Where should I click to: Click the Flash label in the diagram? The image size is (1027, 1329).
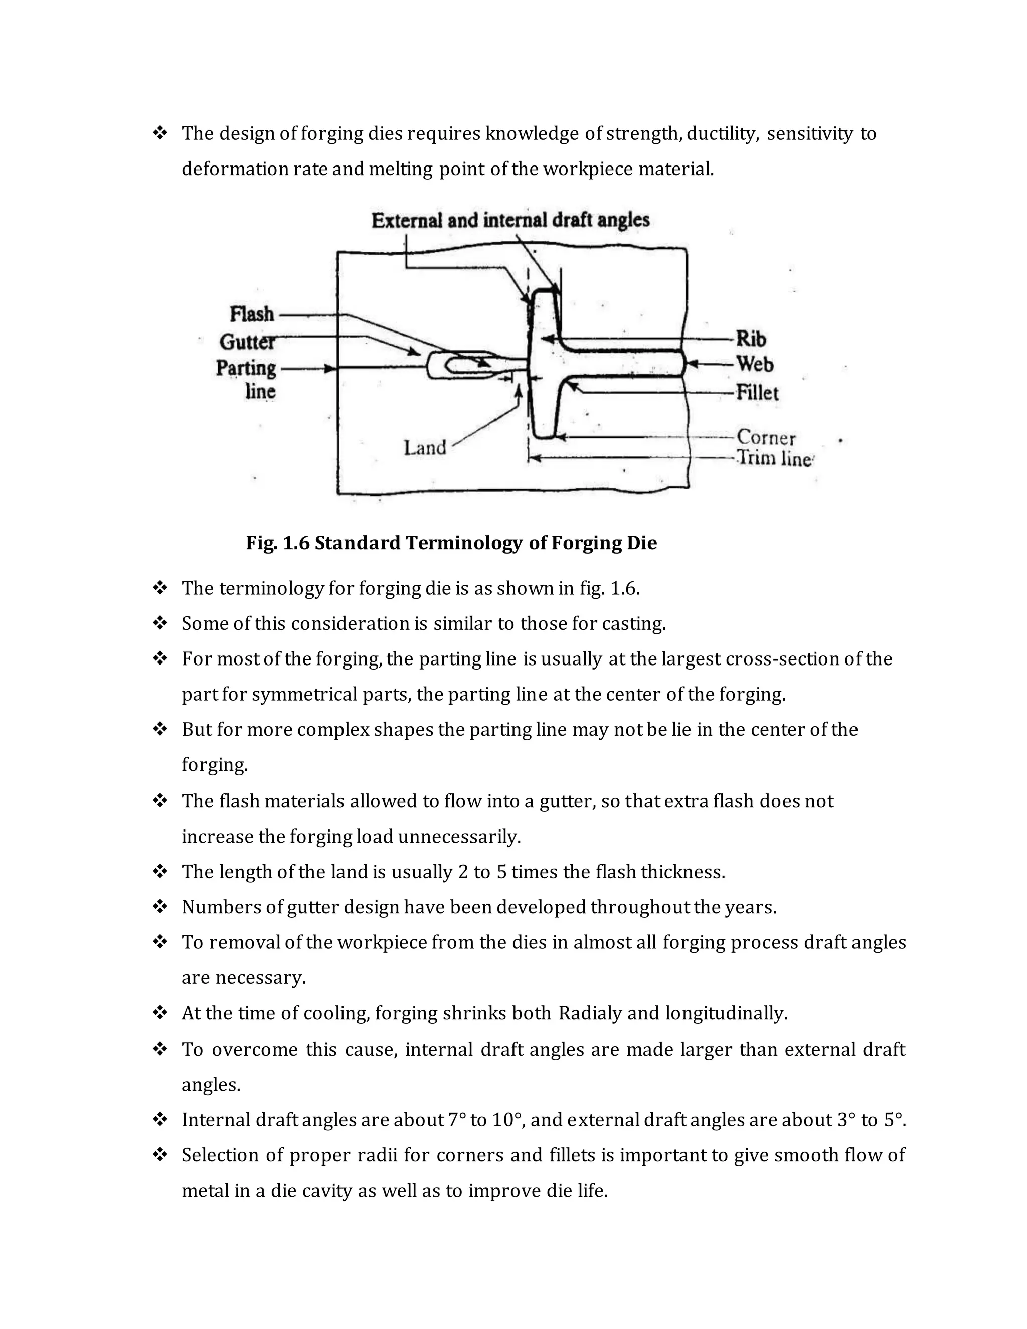(252, 314)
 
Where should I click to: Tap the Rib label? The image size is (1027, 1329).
(751, 339)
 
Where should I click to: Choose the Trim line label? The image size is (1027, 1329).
(774, 458)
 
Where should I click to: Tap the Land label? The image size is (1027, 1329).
(425, 448)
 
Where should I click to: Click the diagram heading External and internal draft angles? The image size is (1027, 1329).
(510, 220)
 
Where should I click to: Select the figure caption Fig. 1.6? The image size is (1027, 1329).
(451, 542)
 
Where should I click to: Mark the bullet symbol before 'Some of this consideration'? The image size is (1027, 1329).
(160, 623)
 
